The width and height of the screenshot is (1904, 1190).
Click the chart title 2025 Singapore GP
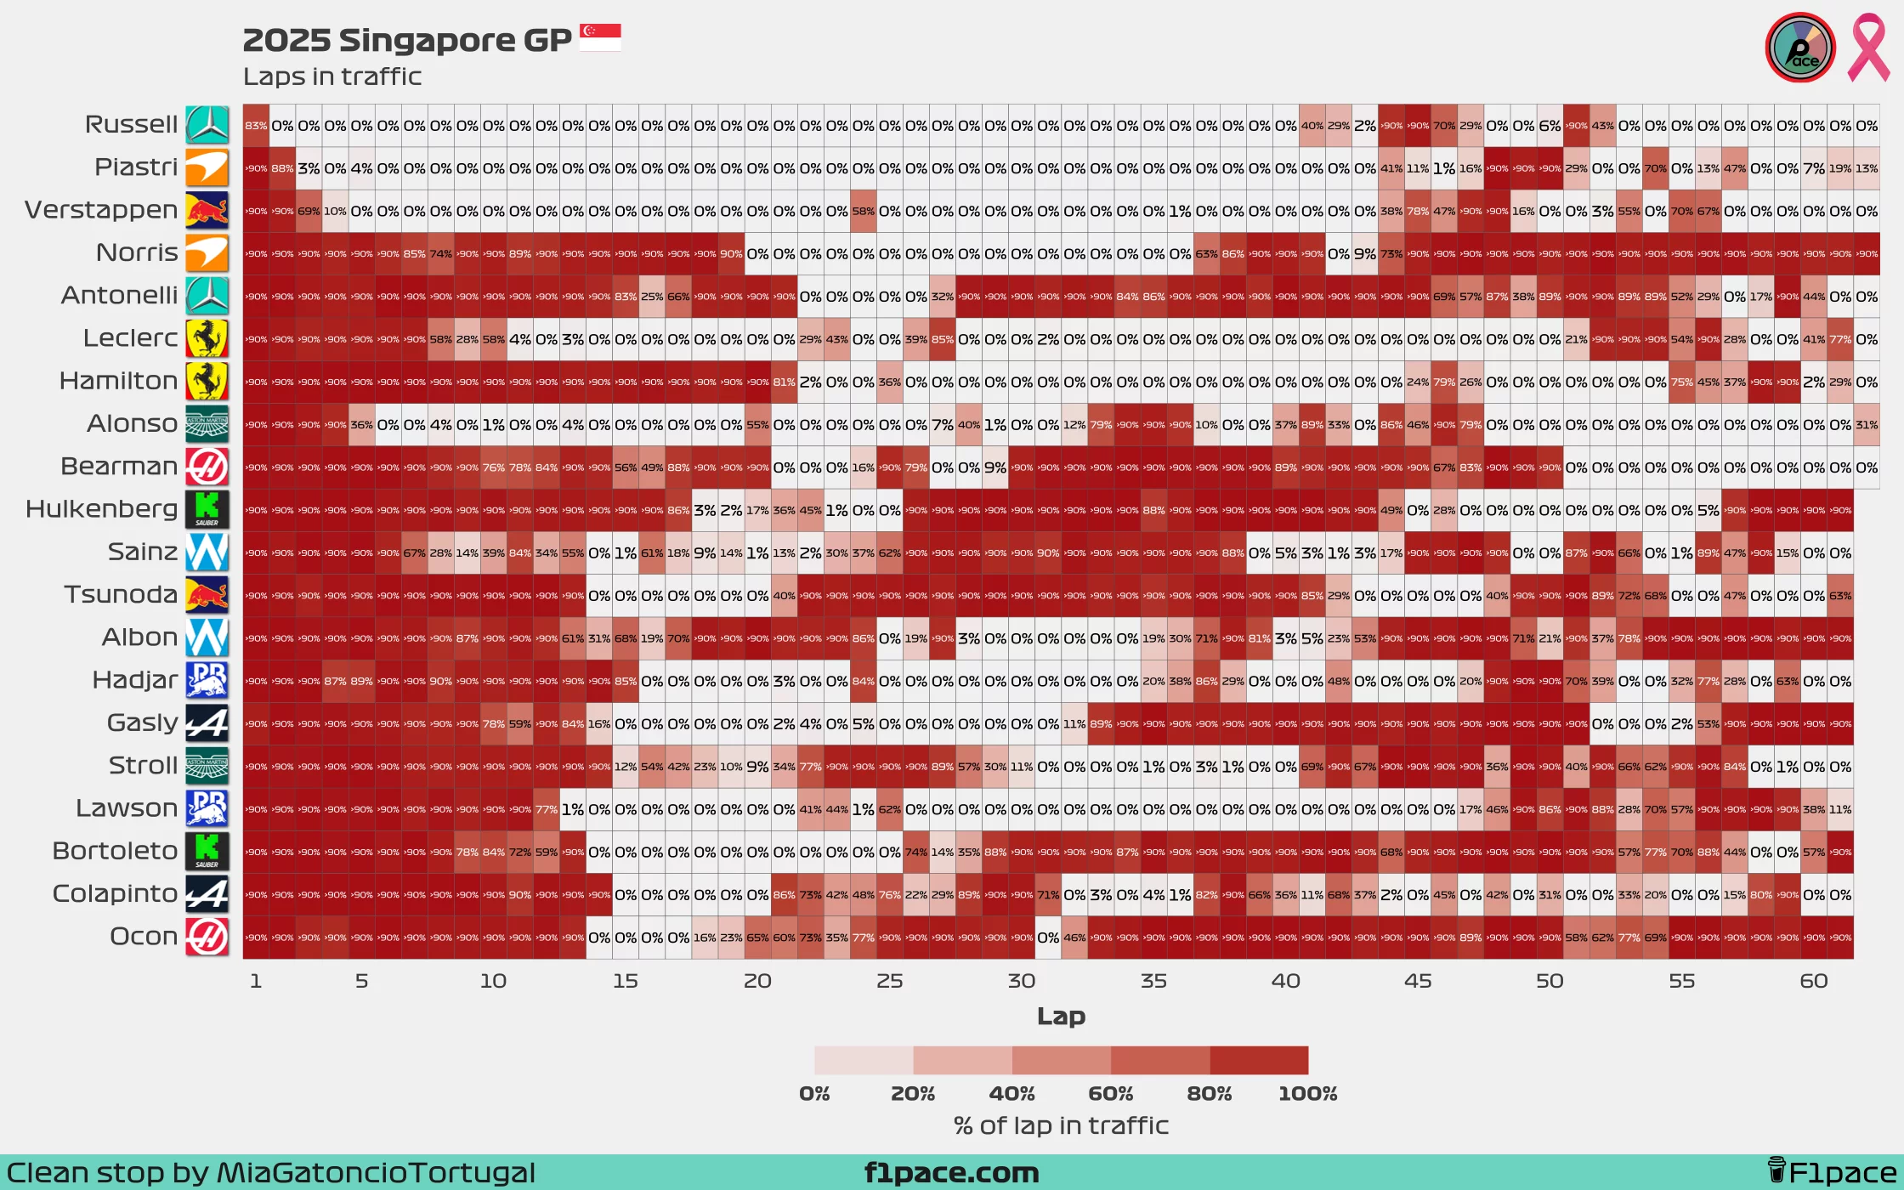click(x=406, y=40)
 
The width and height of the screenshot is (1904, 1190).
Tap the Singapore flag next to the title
click(x=600, y=37)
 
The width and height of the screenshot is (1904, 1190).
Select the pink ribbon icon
click(x=1867, y=48)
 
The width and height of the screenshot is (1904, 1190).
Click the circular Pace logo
click(x=1800, y=48)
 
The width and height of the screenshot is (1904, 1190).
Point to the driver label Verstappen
click(x=101, y=210)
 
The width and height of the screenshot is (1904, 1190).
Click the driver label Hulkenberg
click(x=101, y=509)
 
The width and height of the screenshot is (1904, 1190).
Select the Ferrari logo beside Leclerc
click(x=207, y=338)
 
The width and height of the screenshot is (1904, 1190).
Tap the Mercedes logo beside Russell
click(x=207, y=125)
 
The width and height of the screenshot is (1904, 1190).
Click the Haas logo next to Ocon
click(x=207, y=937)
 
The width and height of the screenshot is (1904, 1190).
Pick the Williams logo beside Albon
click(x=207, y=637)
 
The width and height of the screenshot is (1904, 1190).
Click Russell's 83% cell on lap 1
click(x=256, y=126)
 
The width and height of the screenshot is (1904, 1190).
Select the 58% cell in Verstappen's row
click(x=863, y=212)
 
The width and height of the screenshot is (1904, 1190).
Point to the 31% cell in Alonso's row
click(x=1866, y=425)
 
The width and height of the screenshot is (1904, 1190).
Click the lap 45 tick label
click(x=1417, y=981)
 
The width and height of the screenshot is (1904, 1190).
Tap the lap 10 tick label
click(x=493, y=981)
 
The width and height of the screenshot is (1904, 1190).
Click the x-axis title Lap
click(x=1061, y=1016)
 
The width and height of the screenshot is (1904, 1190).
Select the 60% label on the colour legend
click(x=1110, y=1094)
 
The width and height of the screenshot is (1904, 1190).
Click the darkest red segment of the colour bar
click(x=1259, y=1061)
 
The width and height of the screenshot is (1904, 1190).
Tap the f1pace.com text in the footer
click(x=951, y=1173)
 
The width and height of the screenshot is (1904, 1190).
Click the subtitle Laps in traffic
click(x=332, y=76)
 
